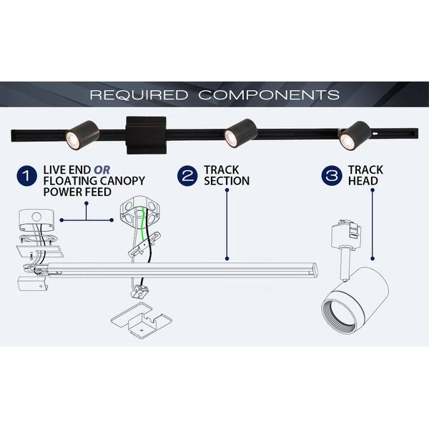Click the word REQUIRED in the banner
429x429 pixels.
point(137,95)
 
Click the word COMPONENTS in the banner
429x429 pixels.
point(269,95)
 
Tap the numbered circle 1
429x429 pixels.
point(27,175)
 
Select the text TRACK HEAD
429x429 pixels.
point(365,175)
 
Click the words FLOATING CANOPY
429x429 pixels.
point(92,181)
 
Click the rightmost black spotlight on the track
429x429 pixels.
point(355,134)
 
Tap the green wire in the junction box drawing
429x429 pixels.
point(147,229)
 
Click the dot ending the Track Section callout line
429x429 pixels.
point(227,258)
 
